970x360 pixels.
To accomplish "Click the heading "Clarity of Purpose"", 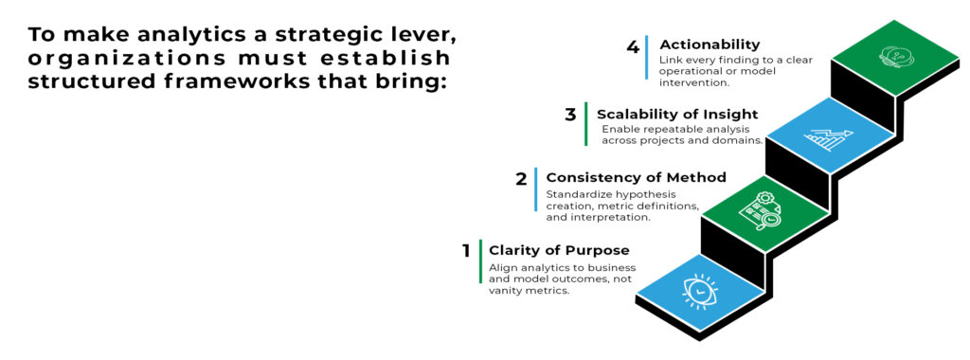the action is coord(559,250).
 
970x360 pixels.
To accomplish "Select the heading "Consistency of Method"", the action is coord(636,178).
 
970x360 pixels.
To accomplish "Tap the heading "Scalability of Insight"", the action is coord(677,115).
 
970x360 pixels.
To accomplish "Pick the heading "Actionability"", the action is coord(710,45).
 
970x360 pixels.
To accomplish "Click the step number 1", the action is coord(466,250).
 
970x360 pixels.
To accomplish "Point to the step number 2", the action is coord(521,179).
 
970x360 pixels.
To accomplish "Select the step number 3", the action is coord(569,115).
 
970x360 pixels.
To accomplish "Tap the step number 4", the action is coord(632,46).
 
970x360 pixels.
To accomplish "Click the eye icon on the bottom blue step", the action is coord(700,290).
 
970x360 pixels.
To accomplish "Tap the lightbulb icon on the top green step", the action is coord(894,58).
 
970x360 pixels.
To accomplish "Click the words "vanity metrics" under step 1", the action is coord(529,290).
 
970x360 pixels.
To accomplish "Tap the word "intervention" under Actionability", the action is coord(694,81).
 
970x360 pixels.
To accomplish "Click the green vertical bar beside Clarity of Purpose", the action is coord(480,261).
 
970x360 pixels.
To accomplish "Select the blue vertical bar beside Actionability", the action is coord(647,57).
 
